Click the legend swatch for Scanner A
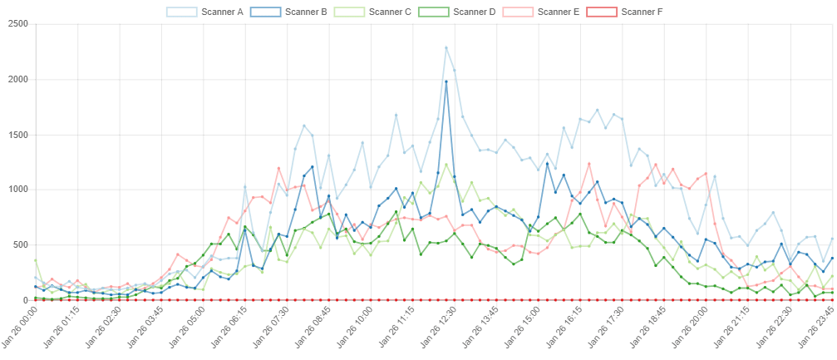pyautogui.click(x=182, y=12)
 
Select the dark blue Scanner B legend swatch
pyautogui.click(x=267, y=12)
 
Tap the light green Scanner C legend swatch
pyautogui.click(x=351, y=12)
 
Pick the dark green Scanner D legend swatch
pyautogui.click(x=435, y=12)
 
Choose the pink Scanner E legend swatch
pyautogui.click(x=519, y=12)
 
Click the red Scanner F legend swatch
pyautogui.click(x=603, y=12)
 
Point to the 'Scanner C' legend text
pyautogui.click(x=390, y=12)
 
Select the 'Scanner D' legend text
pyautogui.click(x=475, y=12)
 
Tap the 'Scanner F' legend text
pyautogui.click(x=643, y=12)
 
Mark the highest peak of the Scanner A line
pyautogui.click(x=446, y=47)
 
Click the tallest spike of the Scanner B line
pyautogui.click(x=447, y=81)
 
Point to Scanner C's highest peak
pyautogui.click(x=447, y=164)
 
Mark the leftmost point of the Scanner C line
pyautogui.click(x=36, y=260)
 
